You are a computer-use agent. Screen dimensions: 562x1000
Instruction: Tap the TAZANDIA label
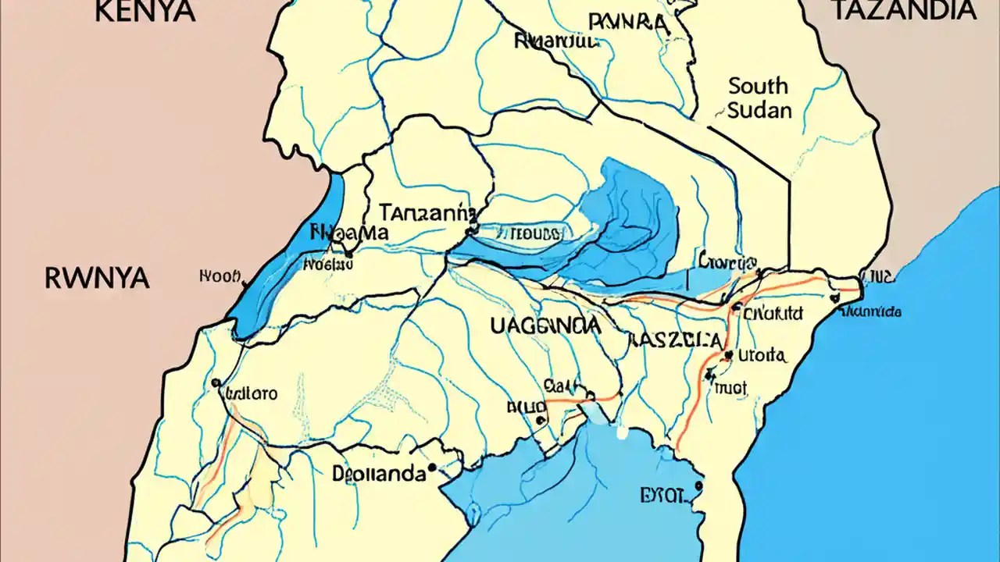904,11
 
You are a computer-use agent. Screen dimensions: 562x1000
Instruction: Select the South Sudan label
759,98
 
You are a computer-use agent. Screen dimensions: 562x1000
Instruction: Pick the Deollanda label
379,473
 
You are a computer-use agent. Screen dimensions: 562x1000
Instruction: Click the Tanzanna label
427,212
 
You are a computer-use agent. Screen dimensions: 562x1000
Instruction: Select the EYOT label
662,495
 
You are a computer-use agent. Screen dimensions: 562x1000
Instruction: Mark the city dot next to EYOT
698,486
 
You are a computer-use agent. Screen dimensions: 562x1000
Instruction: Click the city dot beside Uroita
728,356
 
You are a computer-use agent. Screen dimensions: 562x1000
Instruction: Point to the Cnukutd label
773,314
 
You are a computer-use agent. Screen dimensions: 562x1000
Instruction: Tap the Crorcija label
728,261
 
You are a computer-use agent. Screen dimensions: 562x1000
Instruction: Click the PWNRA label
629,21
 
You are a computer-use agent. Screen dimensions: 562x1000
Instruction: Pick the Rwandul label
555,41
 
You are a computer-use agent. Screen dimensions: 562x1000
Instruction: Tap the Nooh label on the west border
222,276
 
